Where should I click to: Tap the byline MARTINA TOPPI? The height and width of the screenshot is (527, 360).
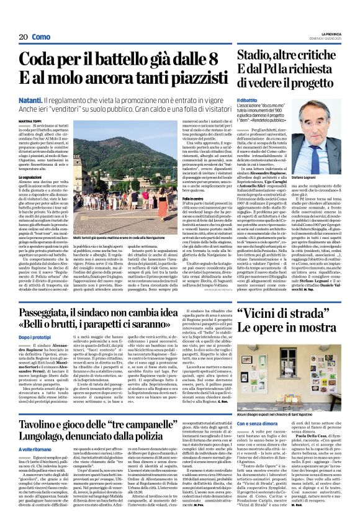30,122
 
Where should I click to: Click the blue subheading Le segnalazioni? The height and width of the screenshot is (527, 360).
32,178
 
